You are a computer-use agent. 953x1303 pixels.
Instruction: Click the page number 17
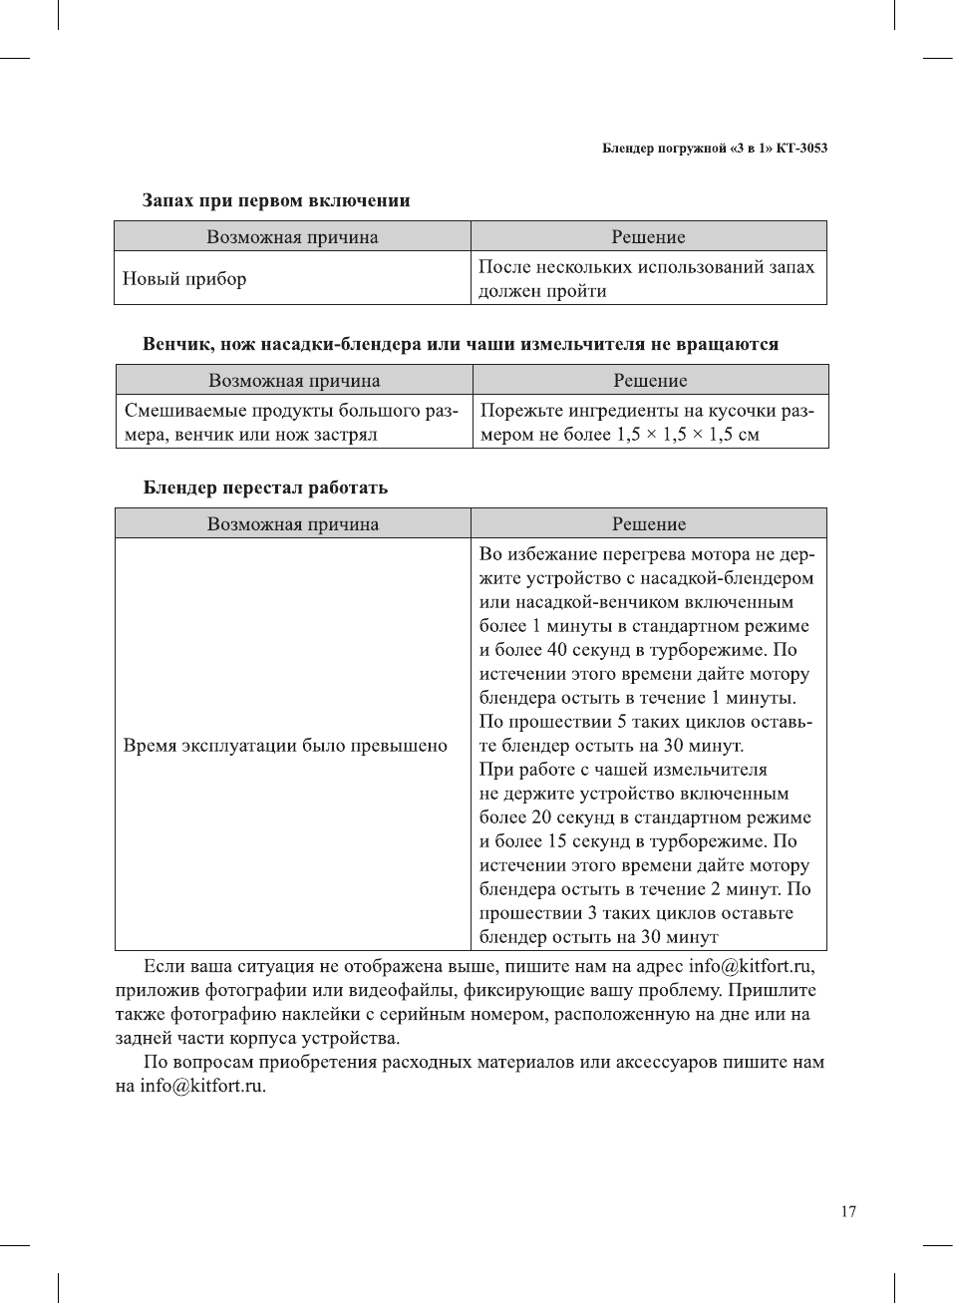pos(847,1211)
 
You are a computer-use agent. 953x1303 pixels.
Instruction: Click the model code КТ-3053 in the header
pos(801,149)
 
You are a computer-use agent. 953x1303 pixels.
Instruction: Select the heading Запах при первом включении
pos(276,200)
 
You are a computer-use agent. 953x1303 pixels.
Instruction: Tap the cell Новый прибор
pos(184,279)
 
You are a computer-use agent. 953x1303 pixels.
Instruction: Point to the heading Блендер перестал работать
pos(265,488)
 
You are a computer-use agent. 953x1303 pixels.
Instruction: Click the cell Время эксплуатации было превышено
pos(285,746)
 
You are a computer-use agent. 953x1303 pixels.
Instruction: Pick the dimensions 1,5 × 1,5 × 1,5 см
pos(688,435)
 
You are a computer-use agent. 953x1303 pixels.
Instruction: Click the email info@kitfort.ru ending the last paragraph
pos(202,1086)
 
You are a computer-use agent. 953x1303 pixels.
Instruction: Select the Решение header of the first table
pos(648,237)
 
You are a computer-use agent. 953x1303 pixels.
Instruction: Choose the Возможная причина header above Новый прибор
pos(292,237)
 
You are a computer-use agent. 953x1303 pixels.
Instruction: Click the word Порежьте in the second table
pos(522,411)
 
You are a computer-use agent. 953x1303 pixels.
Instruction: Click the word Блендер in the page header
pos(628,149)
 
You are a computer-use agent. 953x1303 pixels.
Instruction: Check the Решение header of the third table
pos(648,524)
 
